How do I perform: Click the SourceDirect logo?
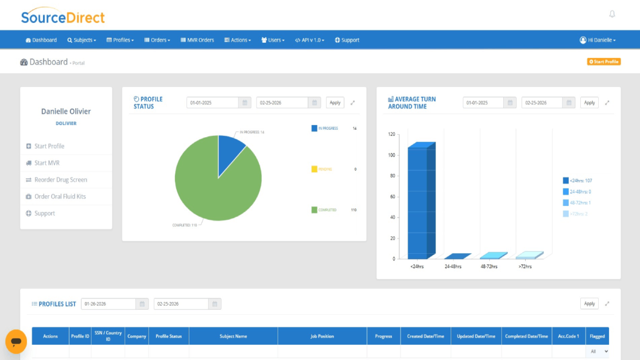(x=63, y=17)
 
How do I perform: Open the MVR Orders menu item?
(x=197, y=40)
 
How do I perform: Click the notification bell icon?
(x=612, y=14)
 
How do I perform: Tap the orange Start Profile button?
(x=604, y=62)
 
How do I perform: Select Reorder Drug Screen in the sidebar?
(x=60, y=180)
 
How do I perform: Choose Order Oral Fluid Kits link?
(x=60, y=197)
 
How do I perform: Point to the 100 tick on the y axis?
(x=392, y=155)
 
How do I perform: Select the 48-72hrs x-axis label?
(x=489, y=266)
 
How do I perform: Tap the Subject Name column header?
(x=233, y=336)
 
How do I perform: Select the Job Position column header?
(x=322, y=336)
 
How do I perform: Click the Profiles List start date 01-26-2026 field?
(x=108, y=304)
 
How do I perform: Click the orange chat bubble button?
(x=16, y=342)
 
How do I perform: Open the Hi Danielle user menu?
(x=598, y=40)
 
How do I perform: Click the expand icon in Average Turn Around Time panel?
(x=607, y=103)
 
